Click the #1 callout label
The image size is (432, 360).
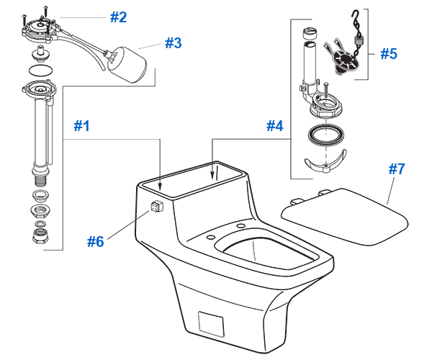82,125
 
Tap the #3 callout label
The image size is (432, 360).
173,42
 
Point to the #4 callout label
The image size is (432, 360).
274,125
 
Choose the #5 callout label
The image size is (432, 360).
388,53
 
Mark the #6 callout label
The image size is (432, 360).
96,241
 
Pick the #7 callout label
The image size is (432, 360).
397,169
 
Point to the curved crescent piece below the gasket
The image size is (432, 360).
323,163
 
